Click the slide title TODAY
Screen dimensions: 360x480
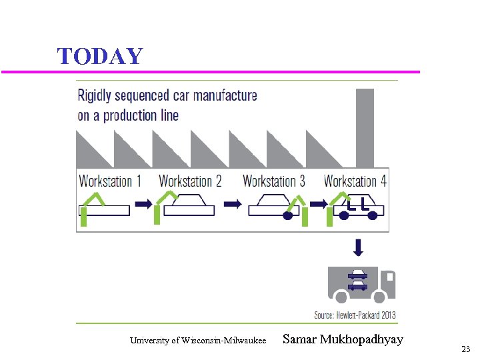click(x=100, y=56)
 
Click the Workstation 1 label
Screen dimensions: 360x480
click(x=110, y=181)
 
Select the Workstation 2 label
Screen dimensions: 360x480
click(x=190, y=181)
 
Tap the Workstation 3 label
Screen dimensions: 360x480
click(x=274, y=181)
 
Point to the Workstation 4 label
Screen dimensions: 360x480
click(x=355, y=181)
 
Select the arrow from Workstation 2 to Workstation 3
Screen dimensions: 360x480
click(x=232, y=205)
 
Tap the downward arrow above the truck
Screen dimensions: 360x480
click(x=359, y=248)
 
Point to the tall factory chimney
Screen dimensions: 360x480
click(x=365, y=127)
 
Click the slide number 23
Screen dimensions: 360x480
click(x=465, y=349)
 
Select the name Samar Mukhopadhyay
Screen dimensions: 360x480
click(x=343, y=339)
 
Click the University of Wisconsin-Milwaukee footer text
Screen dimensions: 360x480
click(x=198, y=341)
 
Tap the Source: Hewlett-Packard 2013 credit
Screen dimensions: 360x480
click(x=355, y=315)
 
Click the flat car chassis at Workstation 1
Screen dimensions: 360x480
click(x=105, y=210)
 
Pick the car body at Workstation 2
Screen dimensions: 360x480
click(x=189, y=206)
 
